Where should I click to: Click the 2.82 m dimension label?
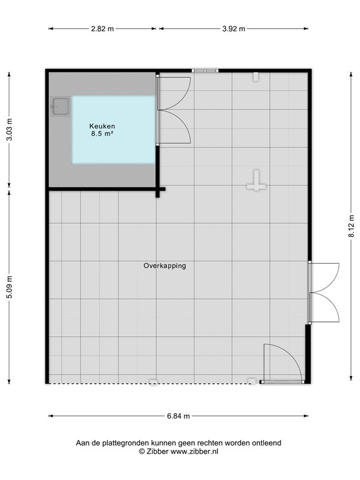pyautogui.click(x=102, y=29)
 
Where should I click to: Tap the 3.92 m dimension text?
pyautogui.click(x=234, y=29)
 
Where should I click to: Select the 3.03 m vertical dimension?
pyautogui.click(x=9, y=129)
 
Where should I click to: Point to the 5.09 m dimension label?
pyautogui.click(x=9, y=287)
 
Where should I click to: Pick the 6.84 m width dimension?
pyautogui.click(x=179, y=416)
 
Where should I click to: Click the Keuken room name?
pyautogui.click(x=102, y=126)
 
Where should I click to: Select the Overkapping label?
pyautogui.click(x=165, y=266)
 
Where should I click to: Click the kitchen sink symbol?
pyautogui.click(x=60, y=106)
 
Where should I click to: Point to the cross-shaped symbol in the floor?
pyautogui.click(x=256, y=181)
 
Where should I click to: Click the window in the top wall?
pyautogui.click(x=205, y=71)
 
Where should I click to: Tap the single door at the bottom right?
pyautogui.click(x=282, y=364)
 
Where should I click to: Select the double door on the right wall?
pyautogui.click(x=324, y=292)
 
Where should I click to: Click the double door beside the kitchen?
pyautogui.click(x=174, y=110)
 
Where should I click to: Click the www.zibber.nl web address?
pyautogui.click(x=194, y=451)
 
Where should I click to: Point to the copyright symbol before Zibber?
pyautogui.click(x=142, y=451)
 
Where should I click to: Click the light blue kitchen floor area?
pyautogui.click(x=114, y=129)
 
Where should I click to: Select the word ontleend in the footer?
pyautogui.click(x=266, y=443)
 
